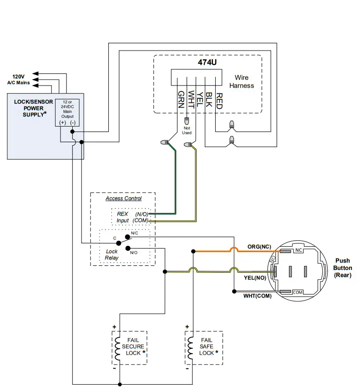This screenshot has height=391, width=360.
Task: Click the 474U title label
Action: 207,63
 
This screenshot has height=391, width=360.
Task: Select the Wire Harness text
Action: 241,81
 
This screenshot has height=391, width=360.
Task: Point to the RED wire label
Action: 219,100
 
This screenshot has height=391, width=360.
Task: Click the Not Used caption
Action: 187,131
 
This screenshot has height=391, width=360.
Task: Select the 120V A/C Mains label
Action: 18,80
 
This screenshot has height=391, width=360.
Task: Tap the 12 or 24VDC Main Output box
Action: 67,113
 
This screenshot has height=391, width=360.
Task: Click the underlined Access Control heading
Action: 123,198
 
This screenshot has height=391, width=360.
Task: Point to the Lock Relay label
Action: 112,254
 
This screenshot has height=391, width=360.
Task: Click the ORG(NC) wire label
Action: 259,247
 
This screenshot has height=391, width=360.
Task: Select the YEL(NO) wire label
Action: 255,277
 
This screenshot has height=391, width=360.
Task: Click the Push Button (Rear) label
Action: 343,268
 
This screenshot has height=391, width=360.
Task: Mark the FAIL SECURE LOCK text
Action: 133,346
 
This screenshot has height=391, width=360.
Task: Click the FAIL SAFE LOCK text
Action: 207,346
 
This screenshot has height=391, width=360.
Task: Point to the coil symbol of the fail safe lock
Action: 189,348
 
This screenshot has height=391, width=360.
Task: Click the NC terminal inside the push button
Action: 298,250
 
